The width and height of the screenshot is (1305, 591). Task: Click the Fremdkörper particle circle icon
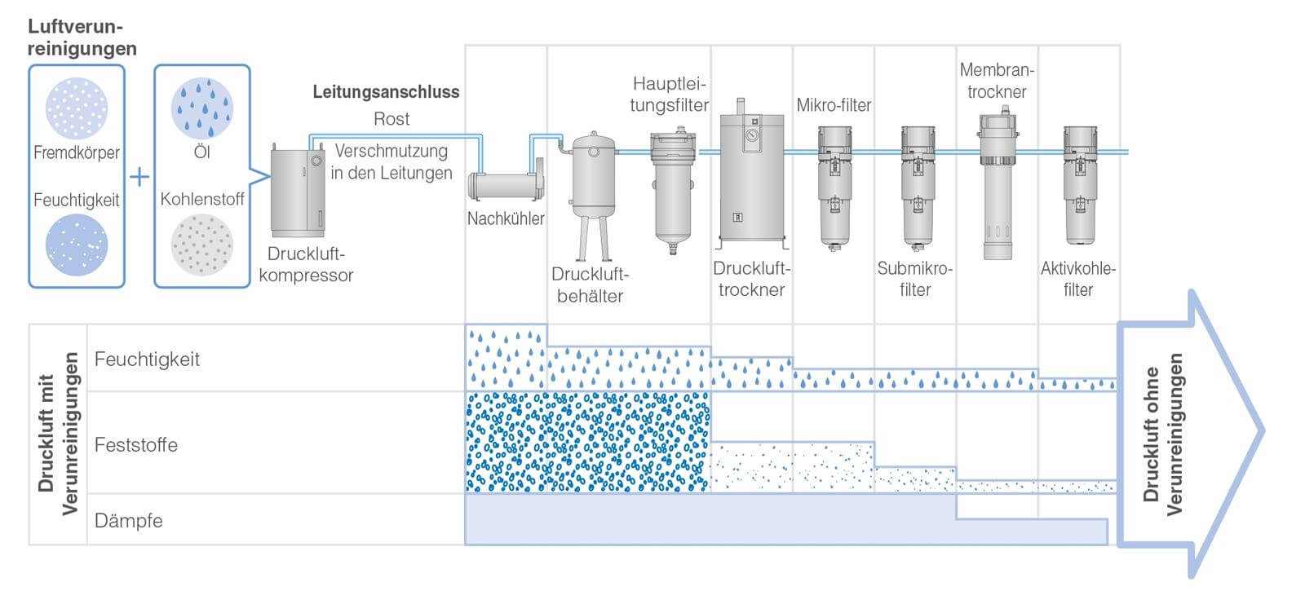click(x=77, y=108)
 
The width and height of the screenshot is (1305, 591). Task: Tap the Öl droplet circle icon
click(x=202, y=108)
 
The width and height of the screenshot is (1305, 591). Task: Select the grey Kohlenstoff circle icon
click(x=202, y=244)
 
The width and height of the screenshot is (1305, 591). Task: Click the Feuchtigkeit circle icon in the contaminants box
click(x=77, y=244)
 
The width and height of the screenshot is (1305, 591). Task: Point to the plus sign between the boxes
click(x=139, y=176)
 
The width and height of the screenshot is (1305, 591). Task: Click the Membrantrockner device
click(x=997, y=187)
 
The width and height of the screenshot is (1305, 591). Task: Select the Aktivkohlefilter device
click(x=1078, y=186)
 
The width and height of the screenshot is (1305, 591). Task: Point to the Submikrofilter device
click(x=917, y=187)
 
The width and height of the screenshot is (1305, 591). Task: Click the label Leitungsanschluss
click(x=386, y=92)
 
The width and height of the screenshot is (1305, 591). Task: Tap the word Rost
click(x=391, y=119)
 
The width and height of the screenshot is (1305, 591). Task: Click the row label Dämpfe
click(x=128, y=520)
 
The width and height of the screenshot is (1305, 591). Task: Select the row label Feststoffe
click(x=135, y=444)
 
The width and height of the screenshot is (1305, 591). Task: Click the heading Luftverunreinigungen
click(x=82, y=38)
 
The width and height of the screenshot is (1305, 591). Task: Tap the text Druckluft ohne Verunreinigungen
click(x=1162, y=434)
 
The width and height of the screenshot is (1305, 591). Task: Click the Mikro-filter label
click(x=834, y=105)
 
